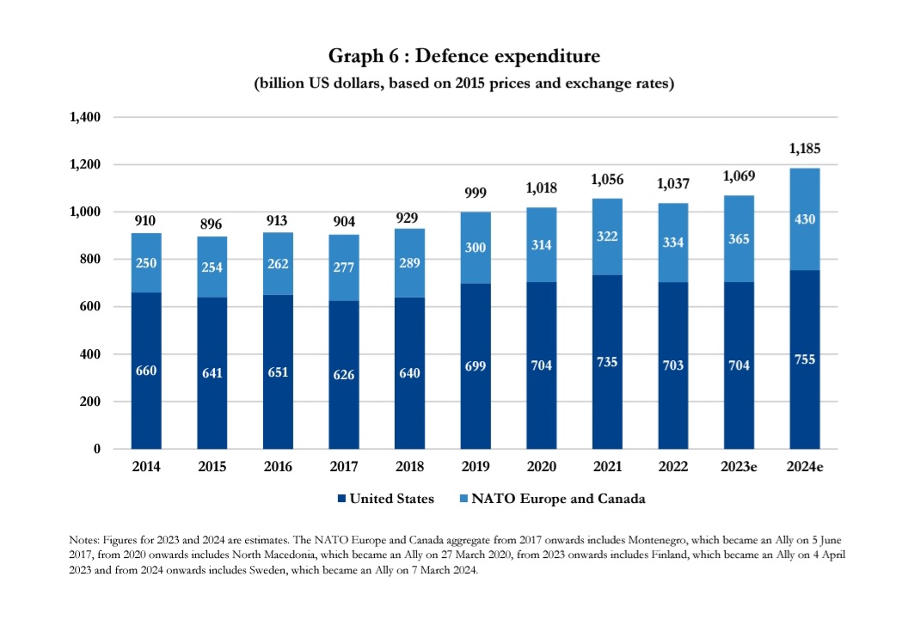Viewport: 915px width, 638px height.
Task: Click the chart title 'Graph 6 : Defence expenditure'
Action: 464,57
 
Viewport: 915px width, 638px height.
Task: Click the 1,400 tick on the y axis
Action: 85,117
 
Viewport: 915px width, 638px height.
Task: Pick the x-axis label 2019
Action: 475,467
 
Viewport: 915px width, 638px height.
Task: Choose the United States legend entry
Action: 386,499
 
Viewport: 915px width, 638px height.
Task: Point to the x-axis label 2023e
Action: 738,467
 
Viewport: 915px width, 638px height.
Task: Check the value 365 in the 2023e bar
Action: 739,240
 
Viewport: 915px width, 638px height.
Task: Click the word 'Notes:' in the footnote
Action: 85,539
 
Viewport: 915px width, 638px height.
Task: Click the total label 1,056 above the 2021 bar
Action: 607,180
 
